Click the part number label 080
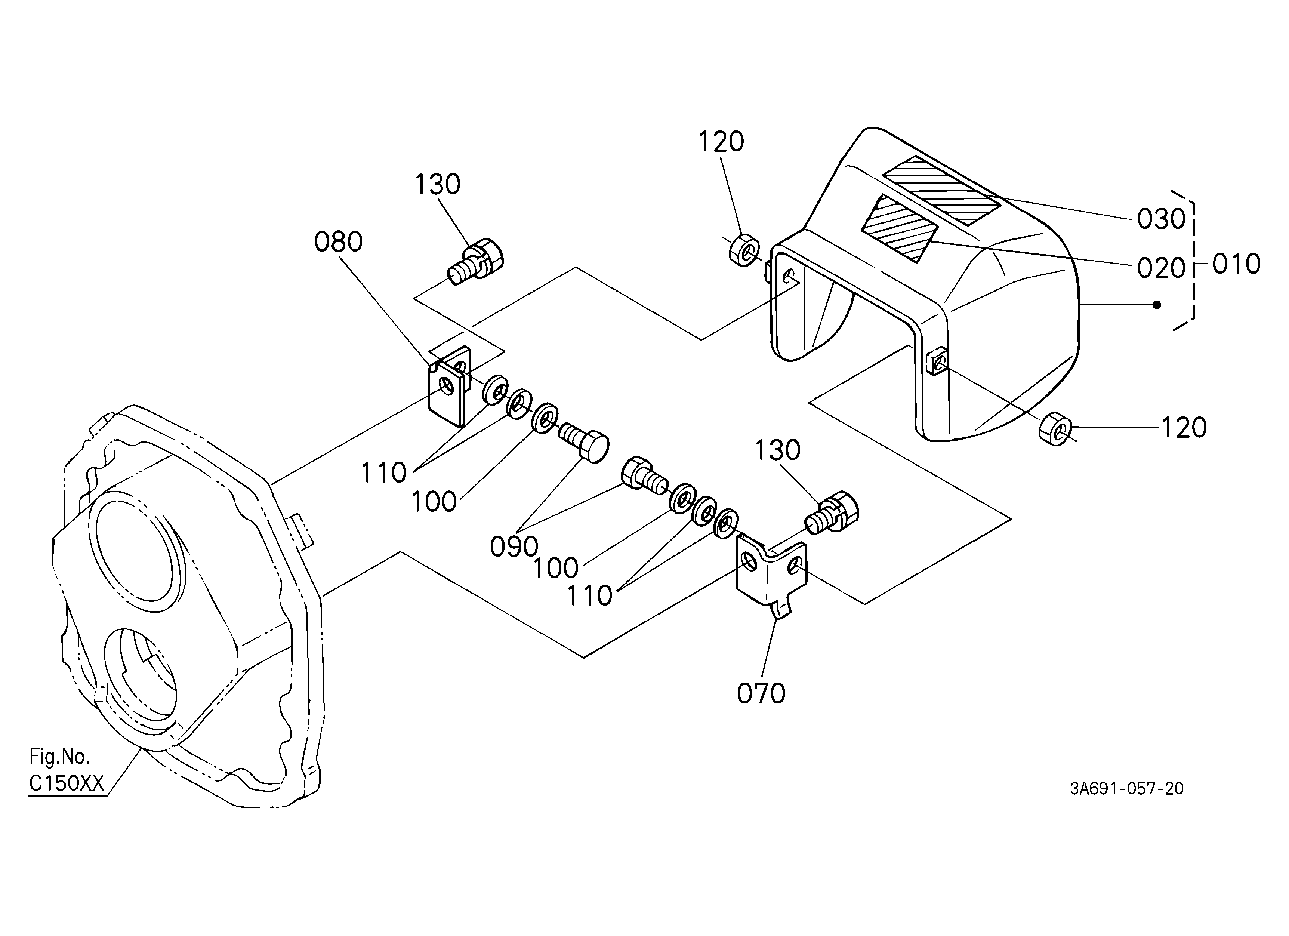coord(338,242)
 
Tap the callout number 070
coord(761,694)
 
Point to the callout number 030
coord(1161,219)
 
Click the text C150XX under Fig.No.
coord(67,784)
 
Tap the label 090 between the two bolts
coord(514,547)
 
